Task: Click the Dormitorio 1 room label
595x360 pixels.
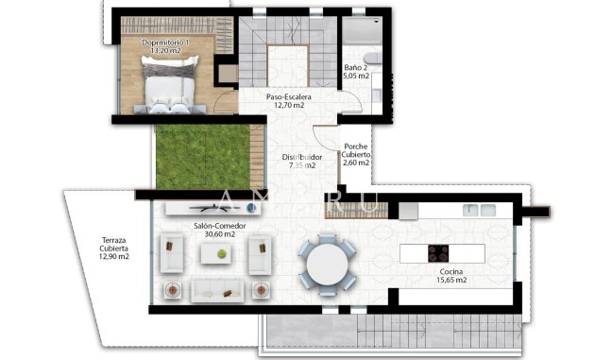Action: point(165,43)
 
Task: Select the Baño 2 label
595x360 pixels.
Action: point(356,68)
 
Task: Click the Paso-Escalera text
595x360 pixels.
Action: point(289,97)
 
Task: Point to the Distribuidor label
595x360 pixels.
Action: point(303,157)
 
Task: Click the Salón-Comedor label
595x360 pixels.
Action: point(219,227)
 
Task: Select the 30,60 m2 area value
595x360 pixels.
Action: point(219,236)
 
